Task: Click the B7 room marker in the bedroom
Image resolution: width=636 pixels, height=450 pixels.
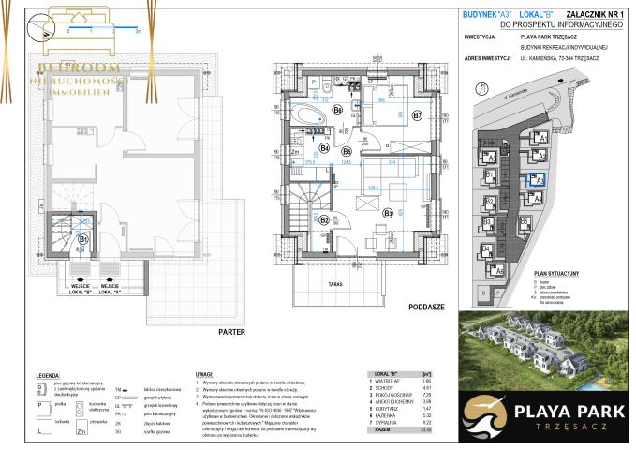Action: (x=418, y=115)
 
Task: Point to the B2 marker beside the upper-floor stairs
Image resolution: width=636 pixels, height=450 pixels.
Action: (x=323, y=219)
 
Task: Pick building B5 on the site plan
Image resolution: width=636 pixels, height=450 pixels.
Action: (x=524, y=221)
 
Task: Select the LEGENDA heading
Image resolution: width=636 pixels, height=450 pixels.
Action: (x=48, y=375)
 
